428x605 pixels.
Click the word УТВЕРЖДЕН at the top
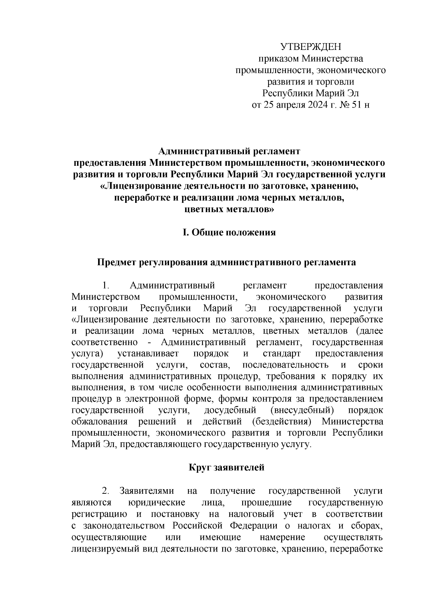311,47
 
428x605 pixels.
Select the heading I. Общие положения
229,233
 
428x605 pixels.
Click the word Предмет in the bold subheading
116,263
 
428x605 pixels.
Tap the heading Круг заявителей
226,467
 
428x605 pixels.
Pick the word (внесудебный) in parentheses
302,411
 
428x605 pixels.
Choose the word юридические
156,502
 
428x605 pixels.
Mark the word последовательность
285,365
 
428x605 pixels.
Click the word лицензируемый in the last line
99,548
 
